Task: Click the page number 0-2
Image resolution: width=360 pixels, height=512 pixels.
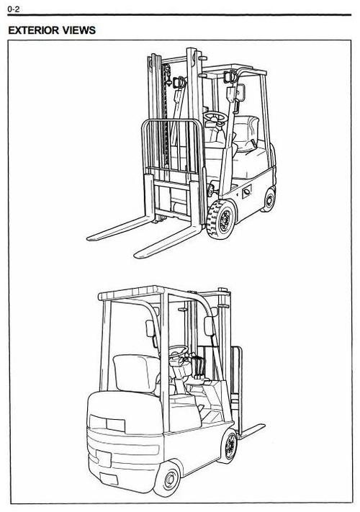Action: coord(14,9)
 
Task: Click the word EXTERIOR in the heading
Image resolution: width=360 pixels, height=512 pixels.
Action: coord(34,30)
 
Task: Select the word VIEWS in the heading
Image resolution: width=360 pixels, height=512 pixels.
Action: coord(79,30)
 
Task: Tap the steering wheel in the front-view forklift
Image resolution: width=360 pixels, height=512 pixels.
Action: coord(215,117)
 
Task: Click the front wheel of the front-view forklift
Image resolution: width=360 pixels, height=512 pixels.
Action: coord(222,219)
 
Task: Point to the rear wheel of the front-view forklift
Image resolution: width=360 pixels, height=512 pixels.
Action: coord(269,200)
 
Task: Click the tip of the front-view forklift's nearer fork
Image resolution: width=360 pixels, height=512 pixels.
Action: coord(137,255)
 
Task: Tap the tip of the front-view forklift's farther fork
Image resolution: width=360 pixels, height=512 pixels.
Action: coord(89,238)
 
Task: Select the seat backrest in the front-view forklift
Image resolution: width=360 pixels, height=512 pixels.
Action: coord(246,133)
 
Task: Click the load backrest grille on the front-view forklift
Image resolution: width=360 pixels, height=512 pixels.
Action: coord(171,147)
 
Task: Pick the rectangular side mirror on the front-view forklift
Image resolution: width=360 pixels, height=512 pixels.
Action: coord(240,91)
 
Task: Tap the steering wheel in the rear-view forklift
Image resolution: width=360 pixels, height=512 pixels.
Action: coord(179,351)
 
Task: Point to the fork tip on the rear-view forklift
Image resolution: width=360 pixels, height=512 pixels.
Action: coord(262,426)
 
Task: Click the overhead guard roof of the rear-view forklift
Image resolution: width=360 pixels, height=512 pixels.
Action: coord(130,293)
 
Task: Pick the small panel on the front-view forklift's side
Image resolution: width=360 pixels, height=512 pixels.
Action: coord(246,192)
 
